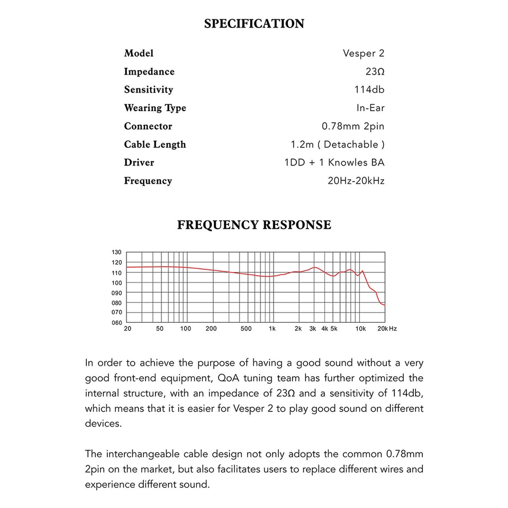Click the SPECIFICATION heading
coord(254,24)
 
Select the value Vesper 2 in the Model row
coord(364,53)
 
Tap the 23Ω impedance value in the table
coord(372,71)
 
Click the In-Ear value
coord(370,108)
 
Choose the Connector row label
coord(148,126)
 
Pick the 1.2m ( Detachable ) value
coord(338,144)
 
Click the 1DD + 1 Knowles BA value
coord(334,162)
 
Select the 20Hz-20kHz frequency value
coord(356,180)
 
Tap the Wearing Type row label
coord(155,108)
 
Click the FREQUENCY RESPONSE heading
coord(254,225)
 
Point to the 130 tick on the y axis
coord(117,252)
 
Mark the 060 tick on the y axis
coord(117,322)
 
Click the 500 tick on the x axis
coord(246,329)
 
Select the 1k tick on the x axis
coord(272,329)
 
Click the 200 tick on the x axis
coord(211,329)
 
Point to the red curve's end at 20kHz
coord(384,305)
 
